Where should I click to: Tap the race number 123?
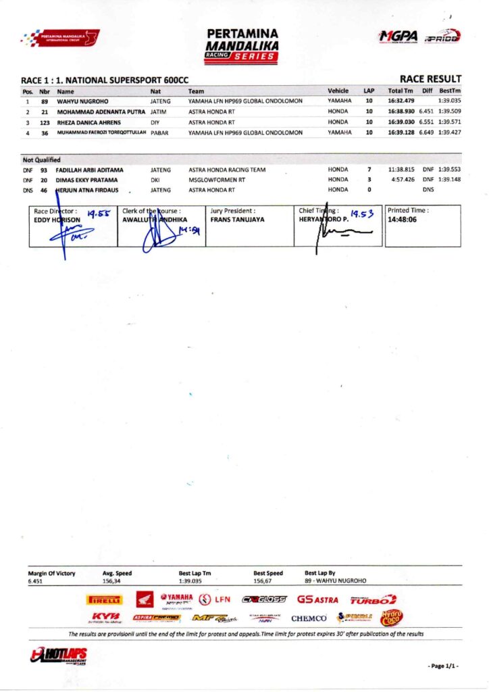point(45,122)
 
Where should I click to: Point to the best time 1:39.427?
point(449,132)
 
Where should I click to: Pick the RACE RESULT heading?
point(430,79)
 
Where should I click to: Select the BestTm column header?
point(450,90)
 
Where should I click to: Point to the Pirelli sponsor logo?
point(104,599)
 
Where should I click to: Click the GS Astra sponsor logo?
point(317,599)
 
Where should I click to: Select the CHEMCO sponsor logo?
point(309,618)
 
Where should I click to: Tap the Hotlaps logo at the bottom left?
point(59,655)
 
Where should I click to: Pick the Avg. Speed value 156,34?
point(112,580)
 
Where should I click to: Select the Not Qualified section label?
point(42,160)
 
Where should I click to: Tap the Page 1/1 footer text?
point(442,666)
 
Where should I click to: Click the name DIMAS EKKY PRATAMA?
point(86,180)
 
